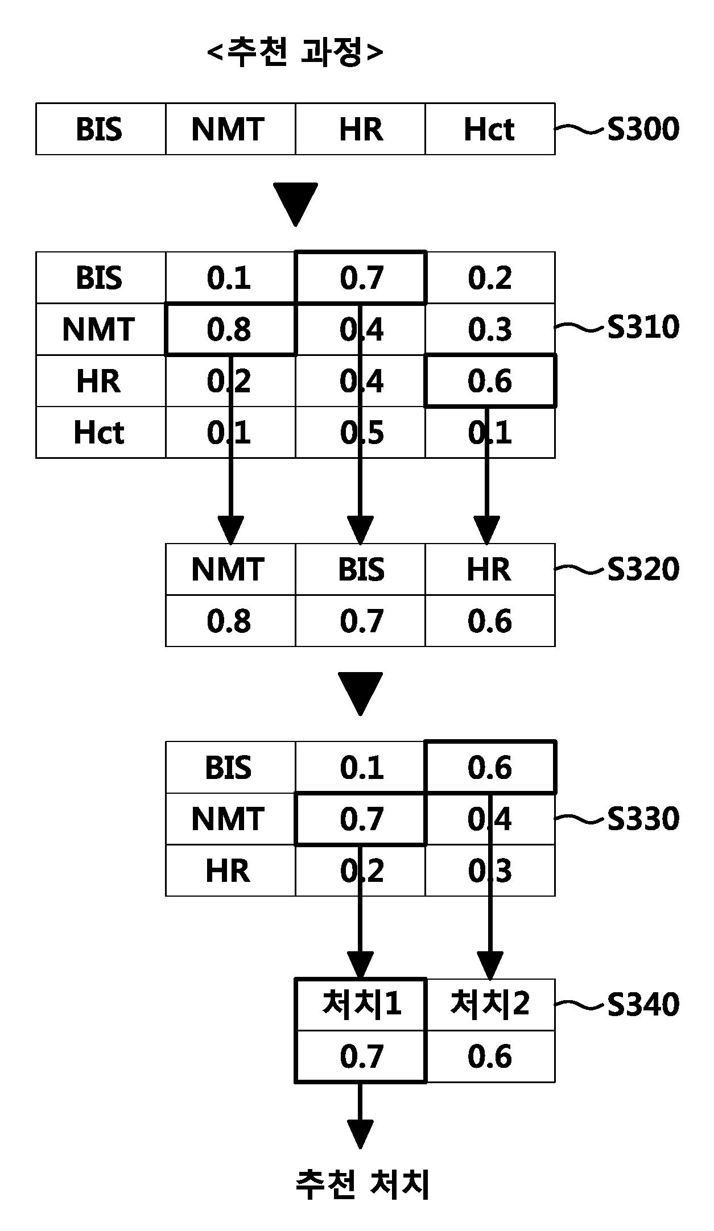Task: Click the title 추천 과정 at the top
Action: (x=295, y=53)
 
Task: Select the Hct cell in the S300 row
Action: (x=490, y=129)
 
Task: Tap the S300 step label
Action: (x=643, y=129)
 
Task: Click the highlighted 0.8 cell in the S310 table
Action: (x=230, y=329)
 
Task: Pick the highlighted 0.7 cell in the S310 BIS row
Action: (x=361, y=277)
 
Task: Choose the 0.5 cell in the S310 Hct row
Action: (x=361, y=432)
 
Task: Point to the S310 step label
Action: (x=643, y=327)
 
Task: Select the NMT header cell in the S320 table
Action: (x=230, y=569)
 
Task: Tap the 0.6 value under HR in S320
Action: (x=490, y=621)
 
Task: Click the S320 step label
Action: (x=643, y=569)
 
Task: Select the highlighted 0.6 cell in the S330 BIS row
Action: (x=490, y=767)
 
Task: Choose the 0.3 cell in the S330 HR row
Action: (x=490, y=870)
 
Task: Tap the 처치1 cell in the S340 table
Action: (x=361, y=1004)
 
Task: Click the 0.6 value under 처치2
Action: (x=490, y=1056)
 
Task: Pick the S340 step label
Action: (x=643, y=1004)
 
